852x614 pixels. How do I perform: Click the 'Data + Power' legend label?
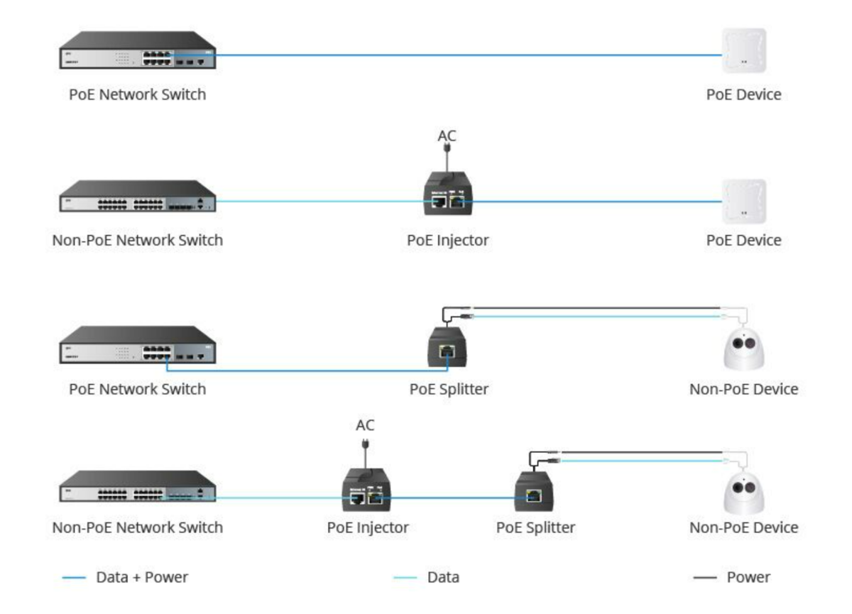tap(142, 577)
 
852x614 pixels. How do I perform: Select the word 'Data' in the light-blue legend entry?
tap(443, 577)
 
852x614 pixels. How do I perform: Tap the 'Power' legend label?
tap(748, 577)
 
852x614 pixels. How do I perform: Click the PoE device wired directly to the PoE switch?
tap(743, 50)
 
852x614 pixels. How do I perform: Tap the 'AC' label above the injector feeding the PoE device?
tap(447, 136)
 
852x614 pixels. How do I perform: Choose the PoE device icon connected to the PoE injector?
tap(743, 202)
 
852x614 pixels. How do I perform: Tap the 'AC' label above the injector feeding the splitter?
tap(365, 425)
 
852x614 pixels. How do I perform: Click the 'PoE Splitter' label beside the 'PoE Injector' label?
tap(535, 527)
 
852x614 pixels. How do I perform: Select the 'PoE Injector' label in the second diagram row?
tap(447, 240)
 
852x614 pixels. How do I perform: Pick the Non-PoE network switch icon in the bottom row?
tap(137, 486)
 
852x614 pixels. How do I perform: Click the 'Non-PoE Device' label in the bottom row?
tap(743, 527)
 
